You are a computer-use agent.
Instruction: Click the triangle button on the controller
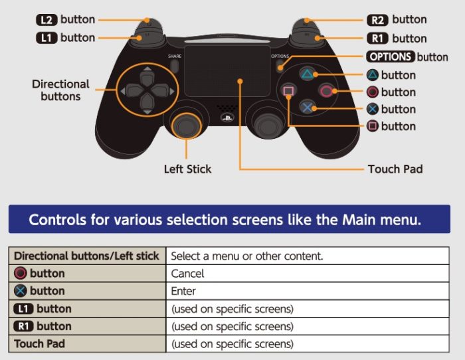(307, 75)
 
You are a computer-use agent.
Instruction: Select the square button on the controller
(288, 91)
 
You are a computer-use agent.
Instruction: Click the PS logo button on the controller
(227, 119)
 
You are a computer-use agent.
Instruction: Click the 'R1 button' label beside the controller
(397, 38)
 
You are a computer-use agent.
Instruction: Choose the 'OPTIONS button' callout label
(407, 56)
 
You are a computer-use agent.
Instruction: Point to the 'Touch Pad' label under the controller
(395, 169)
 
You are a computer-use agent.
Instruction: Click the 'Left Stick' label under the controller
(187, 169)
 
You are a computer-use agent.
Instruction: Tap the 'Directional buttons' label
(60, 90)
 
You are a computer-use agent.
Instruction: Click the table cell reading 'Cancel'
(188, 273)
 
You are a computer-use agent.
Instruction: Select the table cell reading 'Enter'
(184, 291)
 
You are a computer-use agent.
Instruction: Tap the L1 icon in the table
(23, 309)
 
